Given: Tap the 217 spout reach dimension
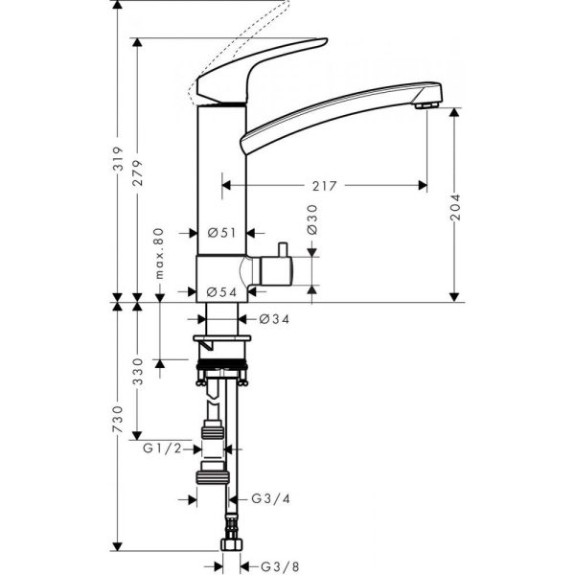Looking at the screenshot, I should click(324, 186).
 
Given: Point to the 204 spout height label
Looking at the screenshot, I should click(455, 209).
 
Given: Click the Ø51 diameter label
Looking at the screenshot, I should click(222, 232).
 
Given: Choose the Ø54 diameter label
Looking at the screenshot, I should click(222, 292).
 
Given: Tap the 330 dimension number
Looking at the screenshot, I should click(138, 368).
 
